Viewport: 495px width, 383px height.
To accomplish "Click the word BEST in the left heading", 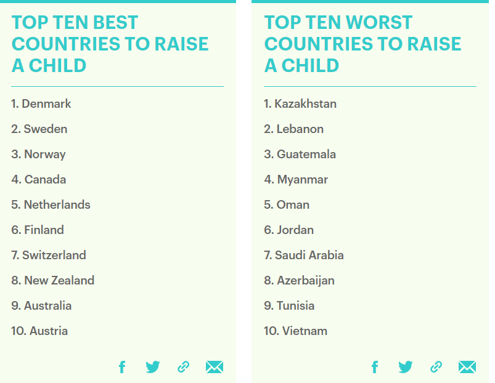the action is point(115,22).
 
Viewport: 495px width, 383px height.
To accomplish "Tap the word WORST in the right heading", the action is point(379,22).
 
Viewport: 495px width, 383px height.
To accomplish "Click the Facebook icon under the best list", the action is point(122,367).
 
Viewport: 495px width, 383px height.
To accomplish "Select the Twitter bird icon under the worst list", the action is point(406,367).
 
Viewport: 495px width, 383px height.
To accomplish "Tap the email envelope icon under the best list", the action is point(215,367).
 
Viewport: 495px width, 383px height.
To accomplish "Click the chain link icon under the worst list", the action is point(436,367).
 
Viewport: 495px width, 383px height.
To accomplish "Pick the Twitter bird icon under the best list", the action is point(153,367).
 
